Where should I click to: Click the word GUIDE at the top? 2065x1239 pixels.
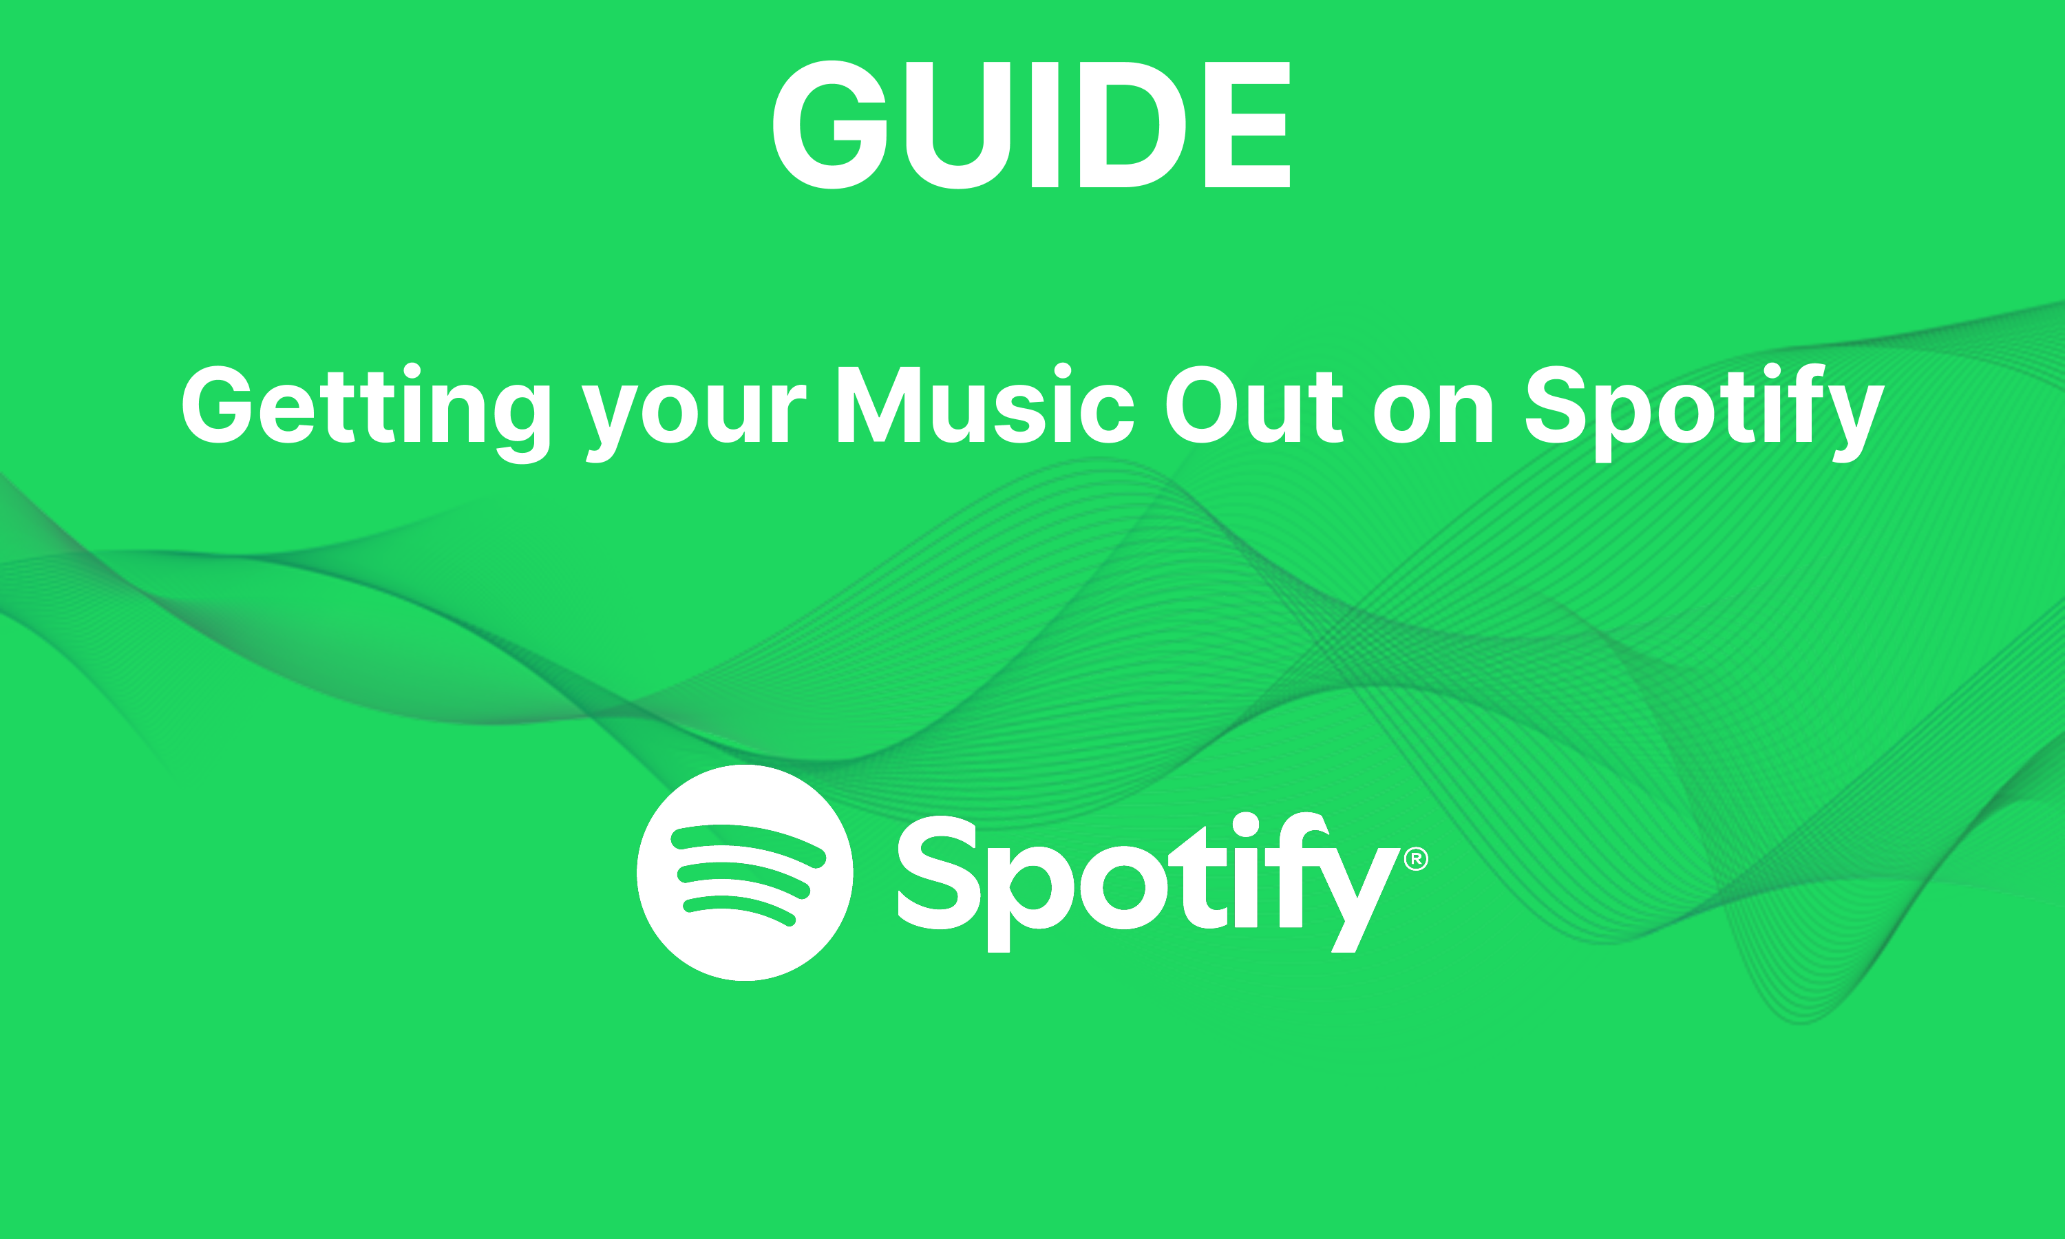[x=1032, y=125]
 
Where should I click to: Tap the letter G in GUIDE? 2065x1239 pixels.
[x=831, y=125]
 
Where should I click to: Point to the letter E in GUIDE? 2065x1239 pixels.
[x=1248, y=125]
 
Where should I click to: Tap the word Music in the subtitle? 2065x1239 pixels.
[x=985, y=405]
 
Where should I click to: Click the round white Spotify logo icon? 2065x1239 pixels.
[x=745, y=873]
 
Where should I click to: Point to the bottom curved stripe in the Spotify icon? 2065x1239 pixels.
[x=739, y=909]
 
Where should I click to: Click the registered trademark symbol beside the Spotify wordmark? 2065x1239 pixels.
[x=1416, y=858]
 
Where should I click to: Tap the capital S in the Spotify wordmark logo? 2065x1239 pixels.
[x=938, y=873]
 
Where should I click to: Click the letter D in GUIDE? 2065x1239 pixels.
[x=1132, y=125]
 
